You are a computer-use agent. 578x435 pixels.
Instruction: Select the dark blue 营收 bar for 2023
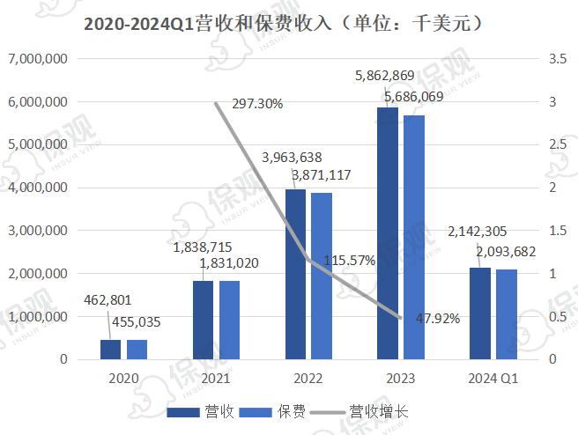[388, 233]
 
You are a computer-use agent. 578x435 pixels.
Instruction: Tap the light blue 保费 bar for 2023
[413, 238]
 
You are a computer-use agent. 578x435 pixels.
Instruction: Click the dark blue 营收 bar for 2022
[295, 274]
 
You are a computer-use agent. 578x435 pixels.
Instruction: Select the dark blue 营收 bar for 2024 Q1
[479, 313]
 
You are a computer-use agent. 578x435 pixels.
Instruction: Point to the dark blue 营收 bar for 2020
[110, 350]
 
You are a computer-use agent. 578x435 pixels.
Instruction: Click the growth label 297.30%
[256, 104]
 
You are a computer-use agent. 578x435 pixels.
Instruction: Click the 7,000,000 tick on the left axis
[38, 59]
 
